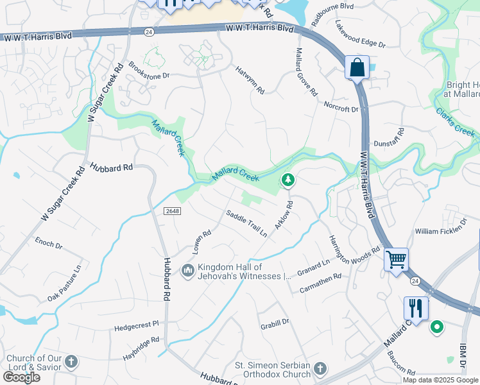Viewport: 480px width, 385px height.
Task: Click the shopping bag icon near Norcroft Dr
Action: pos(357,67)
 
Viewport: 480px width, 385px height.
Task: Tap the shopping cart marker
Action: pos(396,260)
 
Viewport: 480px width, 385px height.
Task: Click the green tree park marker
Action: pos(288,181)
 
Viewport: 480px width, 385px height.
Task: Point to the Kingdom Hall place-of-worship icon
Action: pos(188,271)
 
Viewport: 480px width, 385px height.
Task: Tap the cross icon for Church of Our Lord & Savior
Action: pos(71,362)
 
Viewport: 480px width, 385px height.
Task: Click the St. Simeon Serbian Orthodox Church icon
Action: pos(320,369)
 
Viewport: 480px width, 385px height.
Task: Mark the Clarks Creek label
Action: pos(455,122)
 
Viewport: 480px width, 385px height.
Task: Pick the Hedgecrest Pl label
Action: pos(136,326)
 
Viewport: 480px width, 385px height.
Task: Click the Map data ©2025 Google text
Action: pos(440,380)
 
